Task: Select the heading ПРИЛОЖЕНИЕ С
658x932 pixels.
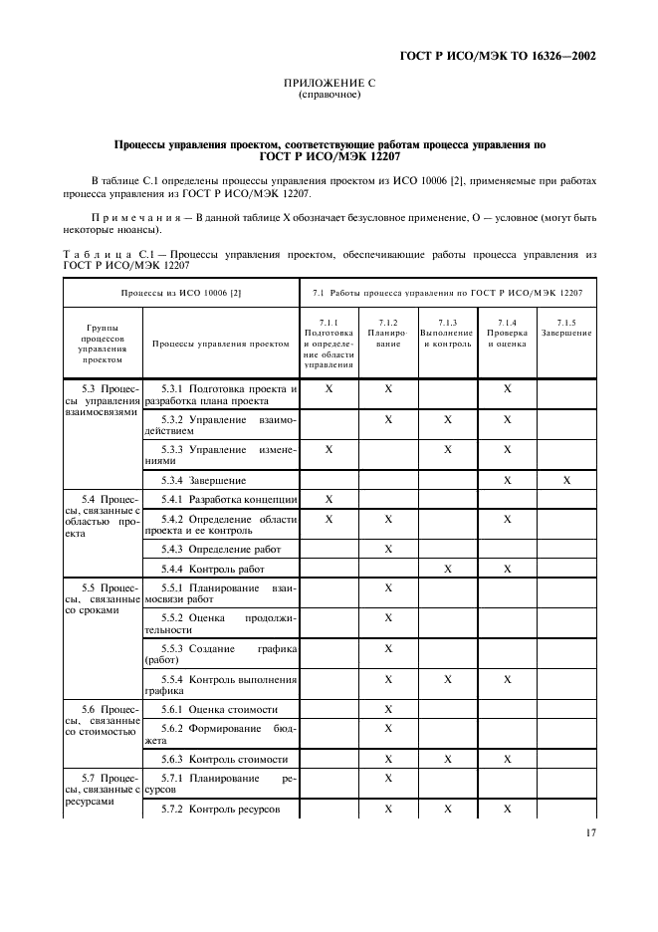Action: click(x=329, y=85)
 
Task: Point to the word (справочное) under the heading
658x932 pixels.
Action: click(x=329, y=96)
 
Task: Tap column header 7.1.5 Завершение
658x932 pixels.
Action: click(x=566, y=328)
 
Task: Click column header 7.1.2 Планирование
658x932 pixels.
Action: click(x=388, y=333)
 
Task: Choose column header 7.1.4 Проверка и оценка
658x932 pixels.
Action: click(x=507, y=333)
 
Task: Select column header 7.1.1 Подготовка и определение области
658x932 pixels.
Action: click(x=329, y=344)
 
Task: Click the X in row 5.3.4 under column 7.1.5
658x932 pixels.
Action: click(x=566, y=480)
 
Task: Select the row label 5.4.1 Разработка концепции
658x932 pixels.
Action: click(x=229, y=498)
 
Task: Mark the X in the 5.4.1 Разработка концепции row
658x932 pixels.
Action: click(x=329, y=498)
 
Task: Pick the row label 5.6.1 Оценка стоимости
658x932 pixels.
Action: click(x=219, y=709)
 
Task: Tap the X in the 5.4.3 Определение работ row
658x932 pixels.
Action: click(x=388, y=549)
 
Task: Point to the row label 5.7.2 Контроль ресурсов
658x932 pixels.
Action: click(x=222, y=810)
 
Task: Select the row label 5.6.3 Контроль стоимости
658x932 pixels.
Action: click(x=224, y=758)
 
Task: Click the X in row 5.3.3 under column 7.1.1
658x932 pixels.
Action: click(x=329, y=449)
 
